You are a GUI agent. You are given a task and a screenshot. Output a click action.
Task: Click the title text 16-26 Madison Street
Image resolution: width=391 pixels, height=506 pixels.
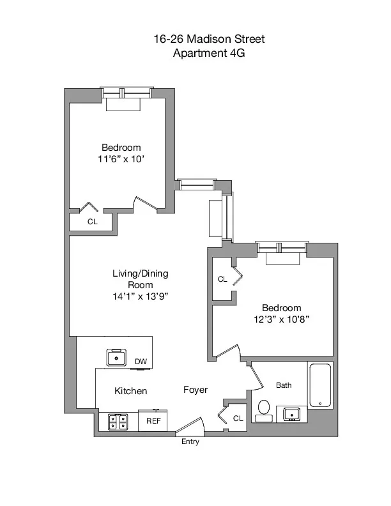coord(209,40)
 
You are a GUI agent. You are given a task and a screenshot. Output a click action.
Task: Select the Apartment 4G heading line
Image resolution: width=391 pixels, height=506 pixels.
coord(209,54)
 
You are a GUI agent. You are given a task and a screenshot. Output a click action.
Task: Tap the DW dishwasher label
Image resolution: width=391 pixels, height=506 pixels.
coord(141,362)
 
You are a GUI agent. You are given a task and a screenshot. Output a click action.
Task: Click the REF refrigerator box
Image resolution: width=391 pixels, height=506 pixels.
coord(153,421)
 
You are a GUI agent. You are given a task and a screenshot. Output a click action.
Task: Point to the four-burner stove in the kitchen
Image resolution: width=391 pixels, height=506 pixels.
coord(118,422)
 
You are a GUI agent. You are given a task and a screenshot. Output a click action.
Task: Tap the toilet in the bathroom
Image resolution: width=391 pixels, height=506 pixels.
coord(263,410)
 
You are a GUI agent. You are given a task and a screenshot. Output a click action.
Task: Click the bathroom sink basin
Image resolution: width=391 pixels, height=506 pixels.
coord(293,414)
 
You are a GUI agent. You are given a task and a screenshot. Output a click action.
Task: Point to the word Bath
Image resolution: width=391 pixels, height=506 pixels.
coord(284,385)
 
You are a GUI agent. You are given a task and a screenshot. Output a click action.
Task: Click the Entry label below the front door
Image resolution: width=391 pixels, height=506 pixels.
coord(190,441)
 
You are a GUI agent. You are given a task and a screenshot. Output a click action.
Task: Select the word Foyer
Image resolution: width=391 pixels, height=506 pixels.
coord(195,390)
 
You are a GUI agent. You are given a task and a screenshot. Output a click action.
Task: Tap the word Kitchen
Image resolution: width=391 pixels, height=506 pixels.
coord(131,390)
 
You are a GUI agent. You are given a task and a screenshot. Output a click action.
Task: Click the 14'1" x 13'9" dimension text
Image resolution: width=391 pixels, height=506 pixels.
coord(140,296)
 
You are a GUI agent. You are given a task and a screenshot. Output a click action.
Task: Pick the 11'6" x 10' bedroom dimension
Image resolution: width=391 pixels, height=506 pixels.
coord(121,159)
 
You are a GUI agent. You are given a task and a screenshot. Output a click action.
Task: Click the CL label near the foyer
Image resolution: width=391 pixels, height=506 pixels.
coord(238,418)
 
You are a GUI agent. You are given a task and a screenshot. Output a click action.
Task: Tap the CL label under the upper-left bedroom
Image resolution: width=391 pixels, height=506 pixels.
coord(92,222)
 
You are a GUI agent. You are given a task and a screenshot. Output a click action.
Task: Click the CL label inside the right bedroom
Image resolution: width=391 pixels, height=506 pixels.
coord(222,279)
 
